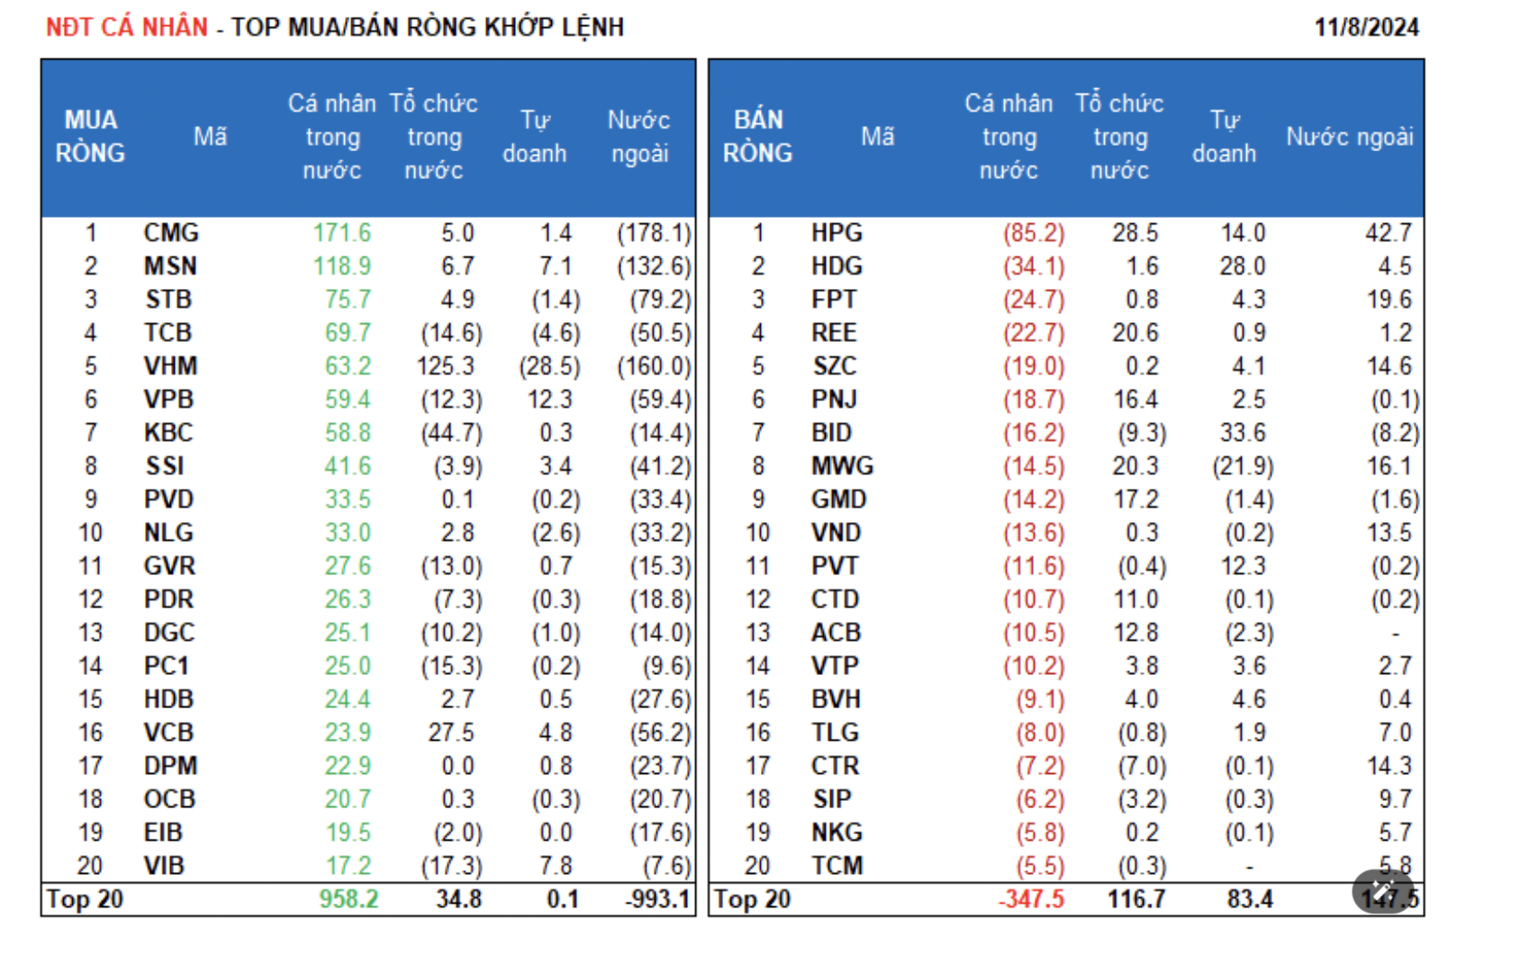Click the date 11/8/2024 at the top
point(1366,27)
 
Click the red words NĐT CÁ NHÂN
point(127,27)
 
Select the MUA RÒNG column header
point(90,137)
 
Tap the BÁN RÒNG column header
point(757,137)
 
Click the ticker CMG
point(171,233)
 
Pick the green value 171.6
point(342,233)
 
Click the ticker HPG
point(837,233)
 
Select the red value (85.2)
point(1034,233)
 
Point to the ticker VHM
point(170,366)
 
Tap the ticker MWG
point(842,466)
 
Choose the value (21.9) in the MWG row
point(1243,466)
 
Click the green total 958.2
point(349,899)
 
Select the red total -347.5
point(1031,899)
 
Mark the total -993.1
point(658,899)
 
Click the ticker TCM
point(837,866)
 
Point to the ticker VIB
point(164,866)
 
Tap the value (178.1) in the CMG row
point(654,233)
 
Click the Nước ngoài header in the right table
point(1349,137)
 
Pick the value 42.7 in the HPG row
point(1389,233)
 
